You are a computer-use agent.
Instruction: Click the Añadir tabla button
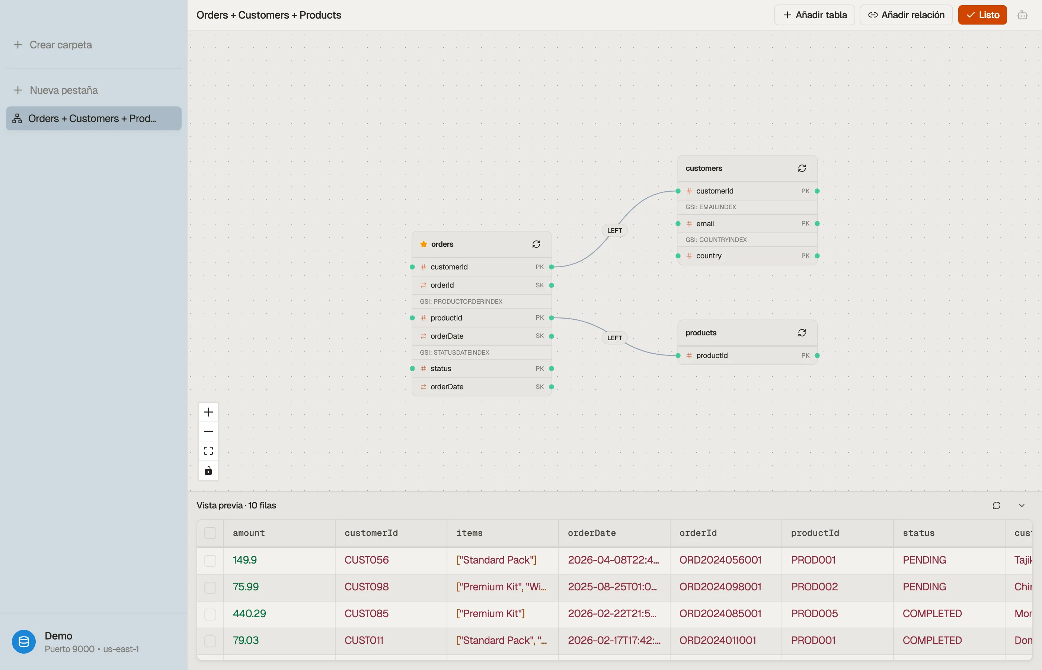[814, 15]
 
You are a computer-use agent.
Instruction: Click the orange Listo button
[982, 15]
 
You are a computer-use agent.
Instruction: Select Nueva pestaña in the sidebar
[56, 90]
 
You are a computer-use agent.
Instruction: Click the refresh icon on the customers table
[802, 168]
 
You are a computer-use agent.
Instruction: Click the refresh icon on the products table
[802, 333]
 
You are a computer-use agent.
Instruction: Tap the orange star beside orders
[423, 244]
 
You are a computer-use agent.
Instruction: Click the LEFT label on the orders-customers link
[614, 230]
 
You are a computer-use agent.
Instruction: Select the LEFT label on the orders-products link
[614, 338]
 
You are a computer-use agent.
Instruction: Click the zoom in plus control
[208, 412]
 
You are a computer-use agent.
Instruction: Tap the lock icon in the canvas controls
[208, 471]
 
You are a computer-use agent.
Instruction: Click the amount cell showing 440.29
[249, 613]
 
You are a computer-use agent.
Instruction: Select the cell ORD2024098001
[720, 587]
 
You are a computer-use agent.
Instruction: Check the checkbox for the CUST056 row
[210, 560]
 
